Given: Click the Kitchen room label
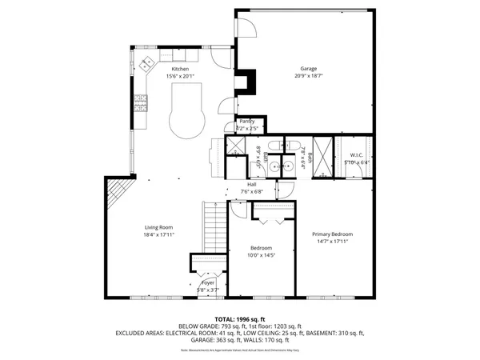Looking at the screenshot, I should click(x=180, y=70).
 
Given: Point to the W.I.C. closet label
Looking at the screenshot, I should click(x=356, y=154).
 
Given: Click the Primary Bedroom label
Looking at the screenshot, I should click(x=332, y=234).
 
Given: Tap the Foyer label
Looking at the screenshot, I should click(x=208, y=282).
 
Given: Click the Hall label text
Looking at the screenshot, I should click(x=251, y=185).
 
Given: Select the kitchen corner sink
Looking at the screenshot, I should click(x=147, y=64).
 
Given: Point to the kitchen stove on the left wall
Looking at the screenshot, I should click(x=140, y=102).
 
